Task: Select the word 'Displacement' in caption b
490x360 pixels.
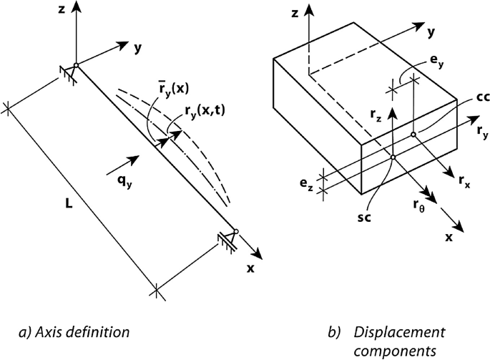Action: [398, 332]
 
